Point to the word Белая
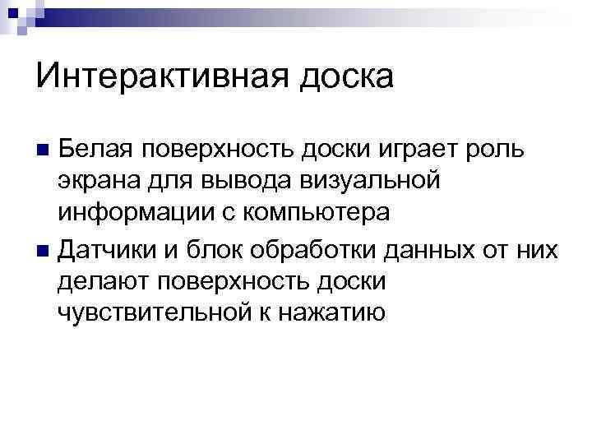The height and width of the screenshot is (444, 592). pos(93,149)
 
